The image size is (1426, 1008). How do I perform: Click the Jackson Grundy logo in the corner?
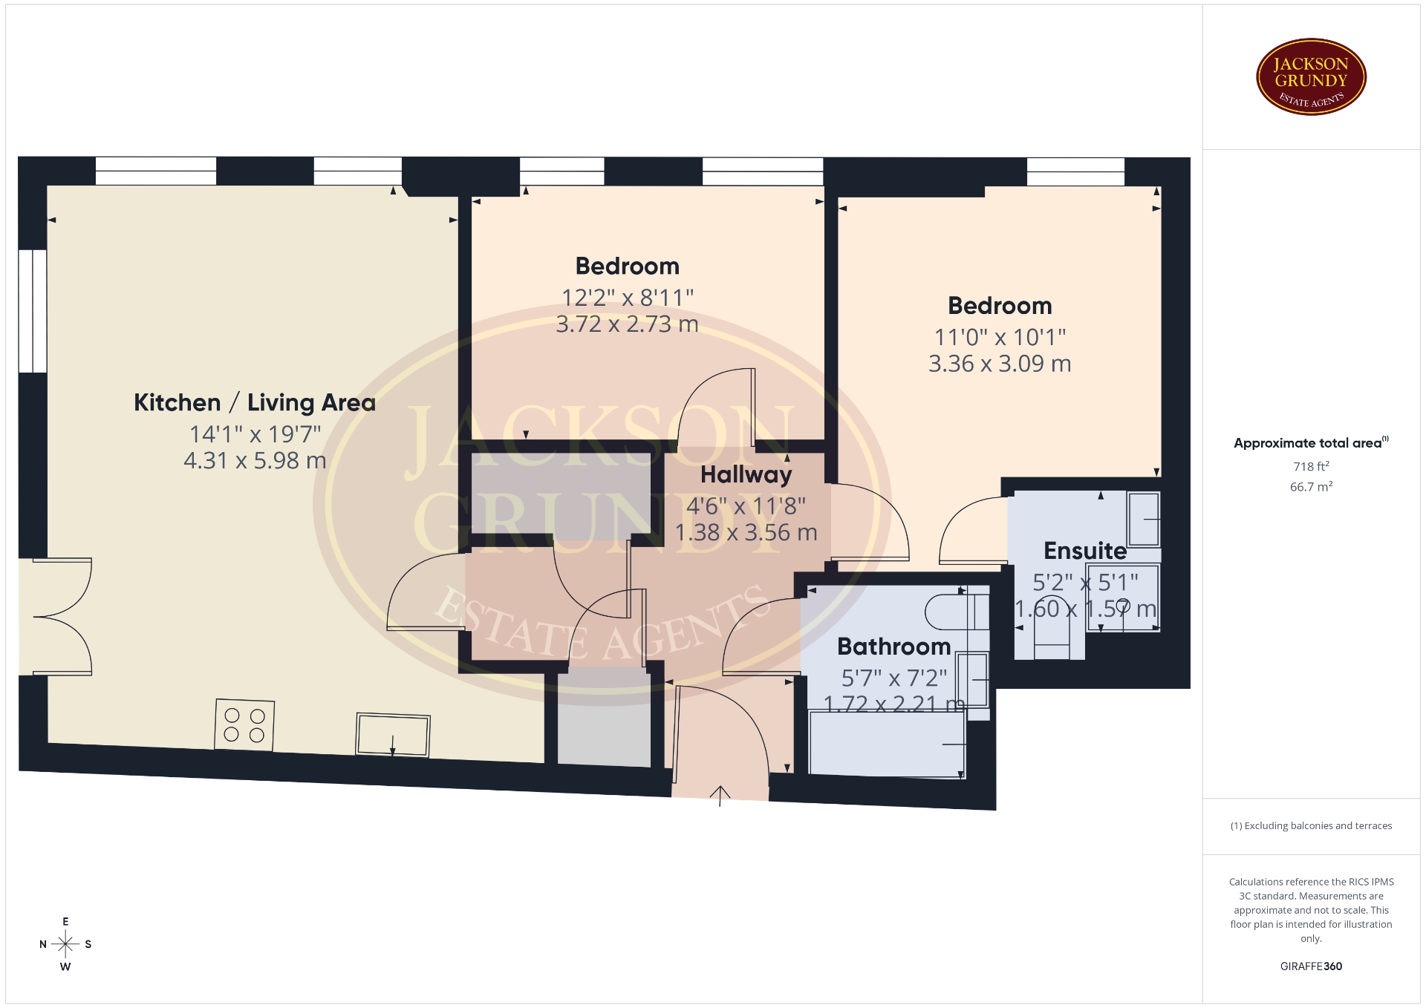(x=1311, y=77)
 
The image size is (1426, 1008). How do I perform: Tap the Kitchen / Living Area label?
(x=255, y=402)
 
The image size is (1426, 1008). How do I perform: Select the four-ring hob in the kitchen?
(x=244, y=724)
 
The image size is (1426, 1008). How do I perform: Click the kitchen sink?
(x=393, y=735)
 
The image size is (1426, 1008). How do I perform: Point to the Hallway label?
(x=746, y=475)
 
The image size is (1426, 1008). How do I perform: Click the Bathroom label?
(x=893, y=647)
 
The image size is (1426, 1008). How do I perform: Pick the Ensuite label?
(x=1085, y=551)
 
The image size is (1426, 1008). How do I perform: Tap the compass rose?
(x=65, y=944)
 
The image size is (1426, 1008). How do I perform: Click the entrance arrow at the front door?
(x=720, y=796)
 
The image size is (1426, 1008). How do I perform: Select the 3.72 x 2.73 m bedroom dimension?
(x=628, y=324)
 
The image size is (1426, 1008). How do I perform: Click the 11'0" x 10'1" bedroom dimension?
(x=1000, y=338)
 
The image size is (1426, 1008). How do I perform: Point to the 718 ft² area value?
(x=1311, y=466)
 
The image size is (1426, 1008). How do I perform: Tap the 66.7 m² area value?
(x=1311, y=487)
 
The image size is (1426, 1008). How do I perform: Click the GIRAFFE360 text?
(x=1311, y=966)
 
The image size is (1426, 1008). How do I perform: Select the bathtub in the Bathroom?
(x=887, y=744)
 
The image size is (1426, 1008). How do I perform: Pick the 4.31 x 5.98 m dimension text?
(x=255, y=461)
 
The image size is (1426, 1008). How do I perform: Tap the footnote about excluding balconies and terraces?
(x=1311, y=826)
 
